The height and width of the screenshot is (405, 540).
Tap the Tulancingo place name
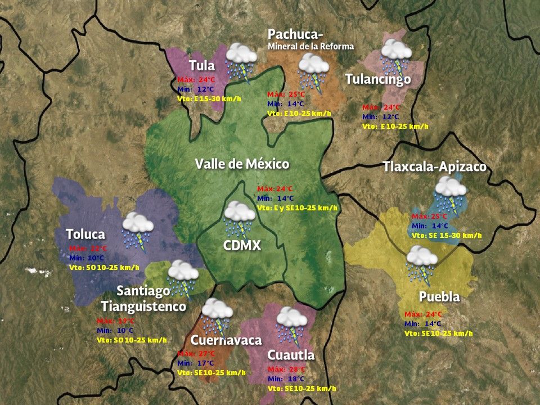tap(378, 79)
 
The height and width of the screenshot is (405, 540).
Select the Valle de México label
tap(242, 164)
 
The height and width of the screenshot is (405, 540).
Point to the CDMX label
tap(241, 245)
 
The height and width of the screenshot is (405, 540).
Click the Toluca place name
tap(85, 233)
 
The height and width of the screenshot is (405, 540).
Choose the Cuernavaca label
tap(226, 340)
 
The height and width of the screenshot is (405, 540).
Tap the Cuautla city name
tap(291, 355)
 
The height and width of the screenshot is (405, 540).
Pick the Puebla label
tap(439, 296)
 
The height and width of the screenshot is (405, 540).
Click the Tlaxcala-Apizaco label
tap(434, 167)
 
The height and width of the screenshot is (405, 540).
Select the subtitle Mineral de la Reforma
tap(311, 46)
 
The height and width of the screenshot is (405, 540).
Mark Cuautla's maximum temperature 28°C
tap(287, 370)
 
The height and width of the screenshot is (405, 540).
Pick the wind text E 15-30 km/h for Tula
tap(209, 99)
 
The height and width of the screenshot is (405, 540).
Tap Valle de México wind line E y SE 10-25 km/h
tap(298, 208)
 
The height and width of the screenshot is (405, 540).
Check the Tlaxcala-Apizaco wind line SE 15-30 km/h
tap(447, 235)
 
